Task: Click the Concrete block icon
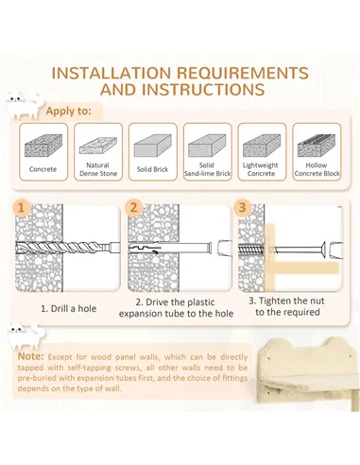(x=43, y=146)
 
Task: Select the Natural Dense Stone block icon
(x=98, y=146)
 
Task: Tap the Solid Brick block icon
(x=153, y=146)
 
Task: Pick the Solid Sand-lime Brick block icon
(x=207, y=146)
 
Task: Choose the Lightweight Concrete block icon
(x=262, y=146)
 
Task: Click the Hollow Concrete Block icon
(x=317, y=146)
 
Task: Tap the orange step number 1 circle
(x=22, y=208)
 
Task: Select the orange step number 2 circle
(x=133, y=208)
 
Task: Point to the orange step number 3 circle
(x=242, y=208)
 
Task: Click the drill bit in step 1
(x=68, y=248)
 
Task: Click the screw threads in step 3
(x=250, y=250)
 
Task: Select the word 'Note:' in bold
(x=30, y=356)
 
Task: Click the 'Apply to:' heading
(x=69, y=111)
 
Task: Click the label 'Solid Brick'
(x=153, y=169)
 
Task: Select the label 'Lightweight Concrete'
(x=261, y=169)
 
